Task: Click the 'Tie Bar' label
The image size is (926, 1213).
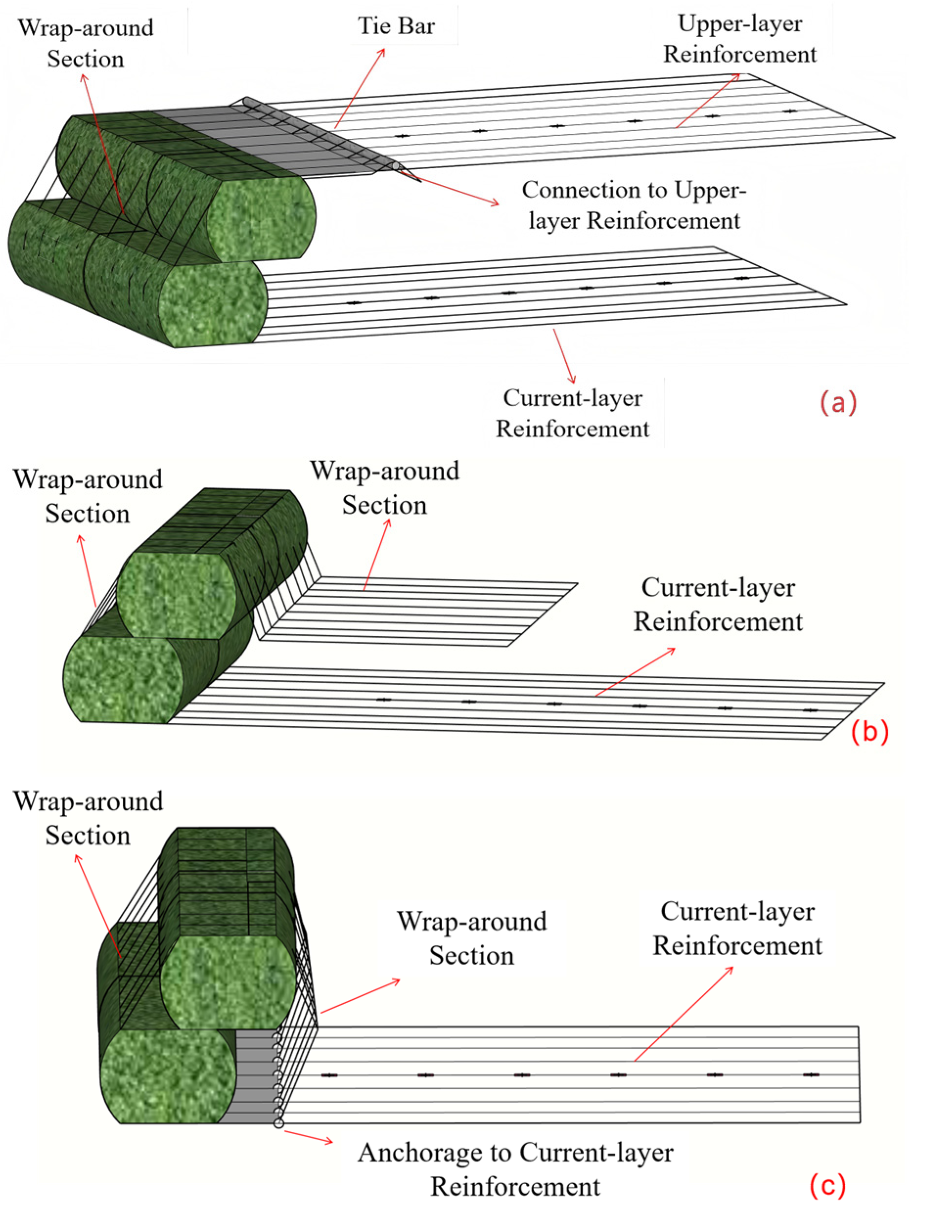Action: point(396,26)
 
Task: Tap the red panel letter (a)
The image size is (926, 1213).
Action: point(838,403)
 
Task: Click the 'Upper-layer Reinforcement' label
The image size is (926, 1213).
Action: point(739,39)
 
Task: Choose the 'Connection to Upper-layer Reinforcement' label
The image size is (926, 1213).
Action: point(634,205)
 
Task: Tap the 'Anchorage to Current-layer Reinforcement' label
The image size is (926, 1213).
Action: point(516,1169)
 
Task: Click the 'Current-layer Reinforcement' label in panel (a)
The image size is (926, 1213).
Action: point(573,413)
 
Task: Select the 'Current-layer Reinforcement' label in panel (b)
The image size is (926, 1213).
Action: point(718,605)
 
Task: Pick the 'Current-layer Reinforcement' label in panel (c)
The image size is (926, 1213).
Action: point(737,929)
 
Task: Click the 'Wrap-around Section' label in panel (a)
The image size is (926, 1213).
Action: point(86,44)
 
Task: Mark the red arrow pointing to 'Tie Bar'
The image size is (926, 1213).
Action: point(360,88)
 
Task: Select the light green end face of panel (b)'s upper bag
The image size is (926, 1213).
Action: point(177,595)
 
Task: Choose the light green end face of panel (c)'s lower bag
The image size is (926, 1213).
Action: point(168,1075)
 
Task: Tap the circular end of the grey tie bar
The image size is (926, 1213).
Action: point(395,166)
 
